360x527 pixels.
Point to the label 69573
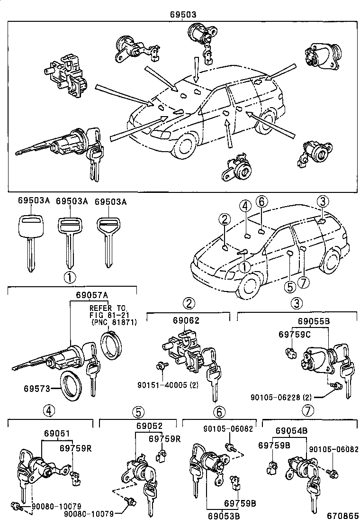tap(36, 389)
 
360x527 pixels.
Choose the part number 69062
tap(187, 320)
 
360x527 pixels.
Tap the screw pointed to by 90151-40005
tap(162, 365)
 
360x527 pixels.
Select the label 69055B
tap(314, 320)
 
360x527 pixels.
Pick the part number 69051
tap(57, 433)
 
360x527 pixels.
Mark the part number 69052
tap(150, 426)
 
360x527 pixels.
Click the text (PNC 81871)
tap(113, 322)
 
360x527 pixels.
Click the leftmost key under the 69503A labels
tap(30, 240)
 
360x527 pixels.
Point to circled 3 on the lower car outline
tap(323, 201)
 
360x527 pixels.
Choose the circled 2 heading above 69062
tap(189, 303)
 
